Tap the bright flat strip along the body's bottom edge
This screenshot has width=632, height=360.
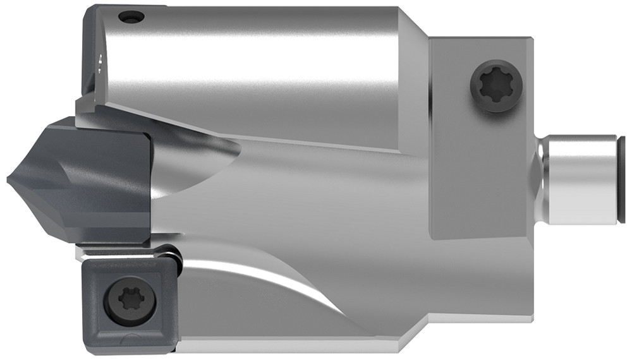point(284,346)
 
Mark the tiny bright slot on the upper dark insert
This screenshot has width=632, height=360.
point(101,61)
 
